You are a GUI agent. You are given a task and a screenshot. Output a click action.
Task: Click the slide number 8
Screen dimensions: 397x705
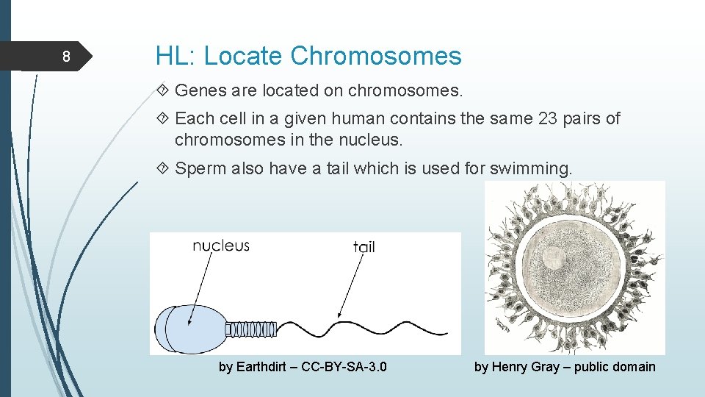tap(66, 57)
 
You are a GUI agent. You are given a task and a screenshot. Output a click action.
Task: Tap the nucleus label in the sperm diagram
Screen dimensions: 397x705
tap(220, 246)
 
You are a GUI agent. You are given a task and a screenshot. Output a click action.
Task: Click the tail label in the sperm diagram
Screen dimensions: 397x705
tap(364, 247)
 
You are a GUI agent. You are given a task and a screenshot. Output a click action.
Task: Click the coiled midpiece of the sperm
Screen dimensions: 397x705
tap(251, 329)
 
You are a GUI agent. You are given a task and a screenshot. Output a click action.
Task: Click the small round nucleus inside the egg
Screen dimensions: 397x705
tap(552, 258)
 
